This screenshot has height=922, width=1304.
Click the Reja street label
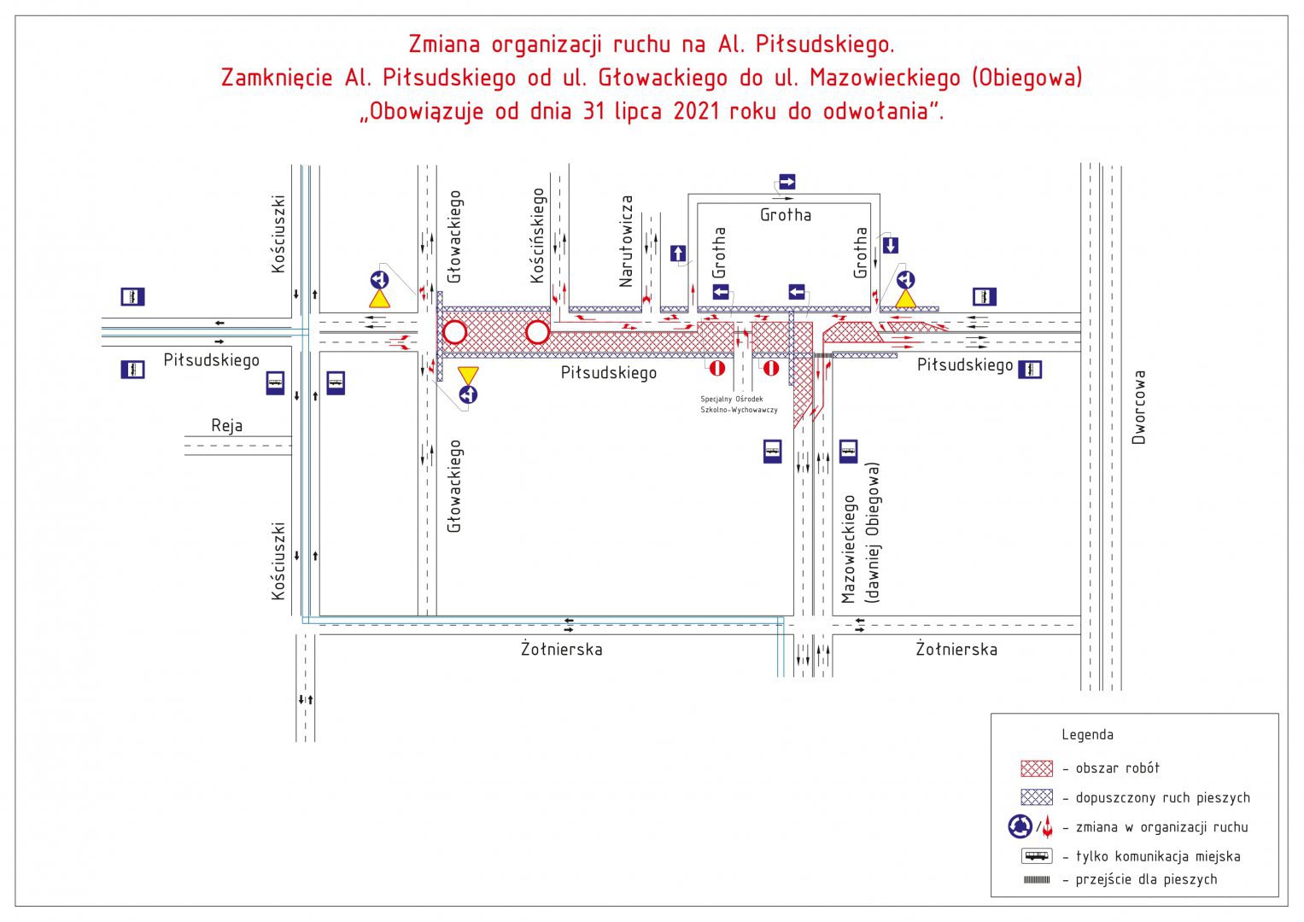[226, 426]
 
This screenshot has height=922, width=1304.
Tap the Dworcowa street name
[1138, 407]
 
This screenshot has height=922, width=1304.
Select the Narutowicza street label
[626, 242]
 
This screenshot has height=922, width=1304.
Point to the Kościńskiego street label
[538, 236]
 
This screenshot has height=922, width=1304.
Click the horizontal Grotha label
[786, 215]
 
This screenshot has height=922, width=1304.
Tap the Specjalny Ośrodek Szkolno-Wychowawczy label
[739, 405]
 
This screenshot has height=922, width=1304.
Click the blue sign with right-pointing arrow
[787, 182]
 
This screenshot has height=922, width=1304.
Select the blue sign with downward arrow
[890, 245]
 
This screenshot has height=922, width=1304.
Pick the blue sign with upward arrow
[677, 254]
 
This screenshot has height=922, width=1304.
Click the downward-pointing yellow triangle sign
[468, 374]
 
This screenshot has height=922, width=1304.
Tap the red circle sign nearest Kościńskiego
[537, 332]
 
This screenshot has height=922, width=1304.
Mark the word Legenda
[1087, 734]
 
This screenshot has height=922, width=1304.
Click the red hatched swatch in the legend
[1037, 768]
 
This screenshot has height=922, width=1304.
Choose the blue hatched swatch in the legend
[1037, 797]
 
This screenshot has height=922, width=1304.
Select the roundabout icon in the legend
[1020, 826]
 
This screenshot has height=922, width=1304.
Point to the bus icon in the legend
[1037, 855]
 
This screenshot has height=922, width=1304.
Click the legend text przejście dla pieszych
[1146, 879]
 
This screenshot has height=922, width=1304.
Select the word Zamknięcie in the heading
[277, 78]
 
